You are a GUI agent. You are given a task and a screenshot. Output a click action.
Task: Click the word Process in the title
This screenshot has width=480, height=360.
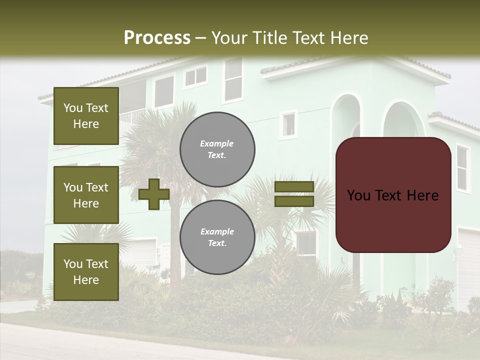point(157,37)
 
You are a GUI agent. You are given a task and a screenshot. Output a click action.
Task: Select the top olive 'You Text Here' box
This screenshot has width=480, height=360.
point(86,116)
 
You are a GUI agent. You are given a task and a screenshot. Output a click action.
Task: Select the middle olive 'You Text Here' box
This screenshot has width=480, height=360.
point(86,195)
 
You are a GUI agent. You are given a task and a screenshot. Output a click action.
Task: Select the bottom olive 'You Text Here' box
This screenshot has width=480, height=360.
point(86,271)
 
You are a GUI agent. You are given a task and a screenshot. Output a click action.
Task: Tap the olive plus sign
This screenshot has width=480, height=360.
point(153,193)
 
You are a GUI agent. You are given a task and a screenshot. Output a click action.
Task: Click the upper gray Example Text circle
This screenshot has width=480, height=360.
point(217,149)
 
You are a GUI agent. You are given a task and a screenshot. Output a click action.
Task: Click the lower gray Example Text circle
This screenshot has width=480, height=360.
point(217,237)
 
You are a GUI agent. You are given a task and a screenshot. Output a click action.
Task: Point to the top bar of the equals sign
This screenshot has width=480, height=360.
point(294,186)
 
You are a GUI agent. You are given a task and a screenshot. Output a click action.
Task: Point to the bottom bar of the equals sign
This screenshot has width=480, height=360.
point(294,201)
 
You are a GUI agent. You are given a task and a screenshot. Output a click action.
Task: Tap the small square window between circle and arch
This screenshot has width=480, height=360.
point(288,124)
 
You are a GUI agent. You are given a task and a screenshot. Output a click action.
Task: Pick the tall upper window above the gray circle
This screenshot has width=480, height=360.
point(233,80)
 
